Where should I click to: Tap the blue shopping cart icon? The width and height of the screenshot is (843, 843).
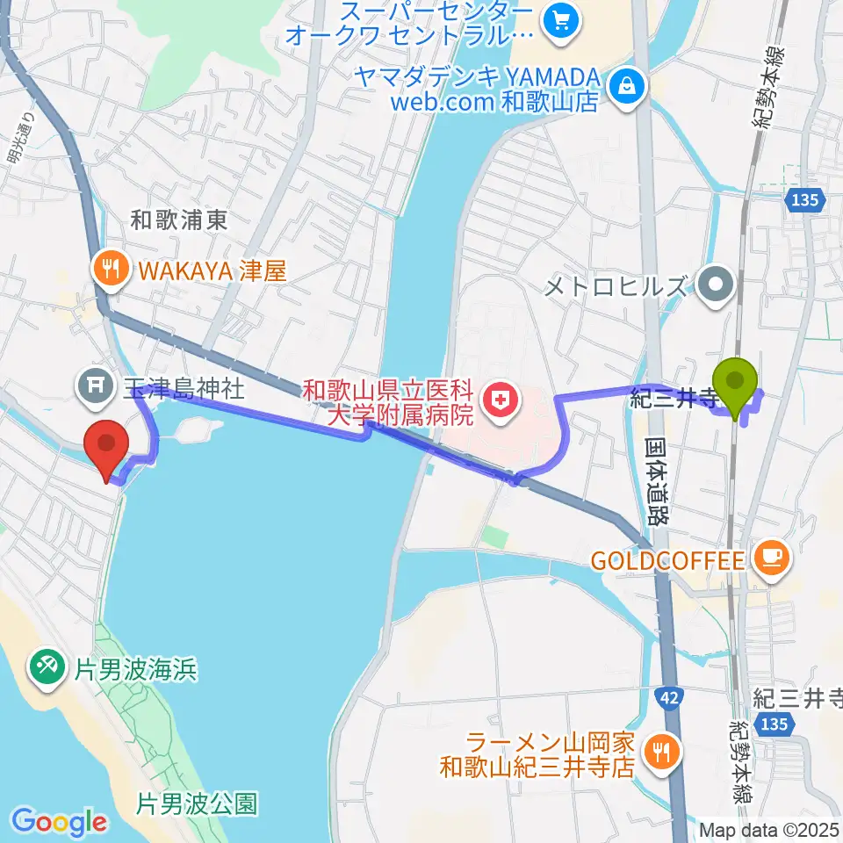pos(558,19)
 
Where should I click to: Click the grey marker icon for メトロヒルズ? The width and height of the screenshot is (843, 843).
pos(718,285)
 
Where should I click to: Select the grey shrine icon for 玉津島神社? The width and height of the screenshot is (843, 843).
pos(92,384)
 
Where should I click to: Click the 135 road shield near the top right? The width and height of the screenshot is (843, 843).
pos(804,200)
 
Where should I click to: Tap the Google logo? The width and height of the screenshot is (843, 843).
pos(58,823)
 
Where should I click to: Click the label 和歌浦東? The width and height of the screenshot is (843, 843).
pos(179,220)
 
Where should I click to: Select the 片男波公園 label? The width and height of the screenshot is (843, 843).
pos(198,803)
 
